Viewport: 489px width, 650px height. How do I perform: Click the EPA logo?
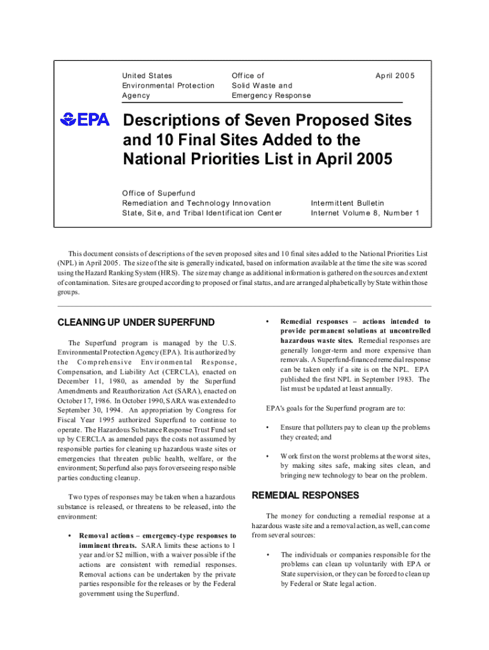click(84, 119)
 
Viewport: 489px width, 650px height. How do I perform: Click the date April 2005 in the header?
click(394, 76)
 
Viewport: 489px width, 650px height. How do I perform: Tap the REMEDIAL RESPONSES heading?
click(305, 495)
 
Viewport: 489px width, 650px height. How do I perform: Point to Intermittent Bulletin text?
click(347, 203)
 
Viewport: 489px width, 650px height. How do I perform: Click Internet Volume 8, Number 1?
click(365, 213)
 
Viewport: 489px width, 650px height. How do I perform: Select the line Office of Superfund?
click(159, 193)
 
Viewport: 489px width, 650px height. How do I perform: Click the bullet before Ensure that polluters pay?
click(269, 427)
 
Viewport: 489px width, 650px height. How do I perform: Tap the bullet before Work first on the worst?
click(269, 456)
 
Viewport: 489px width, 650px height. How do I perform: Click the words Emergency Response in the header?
click(271, 95)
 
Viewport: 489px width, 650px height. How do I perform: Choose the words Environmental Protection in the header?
click(168, 86)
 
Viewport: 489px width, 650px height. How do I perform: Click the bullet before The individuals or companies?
click(269, 555)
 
